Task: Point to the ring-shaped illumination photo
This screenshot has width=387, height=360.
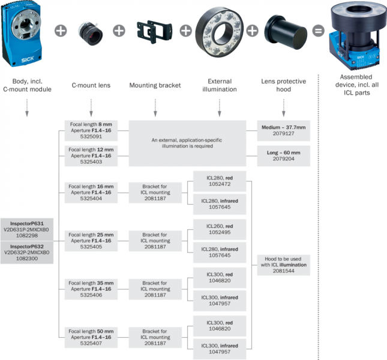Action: click(218, 30)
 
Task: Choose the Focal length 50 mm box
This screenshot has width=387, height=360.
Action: click(91, 338)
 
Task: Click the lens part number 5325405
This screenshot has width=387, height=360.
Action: click(91, 245)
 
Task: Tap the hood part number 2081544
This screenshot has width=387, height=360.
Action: click(285, 270)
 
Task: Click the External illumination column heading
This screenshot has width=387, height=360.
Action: click(219, 85)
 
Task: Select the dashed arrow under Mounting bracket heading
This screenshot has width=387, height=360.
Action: click(155, 106)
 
